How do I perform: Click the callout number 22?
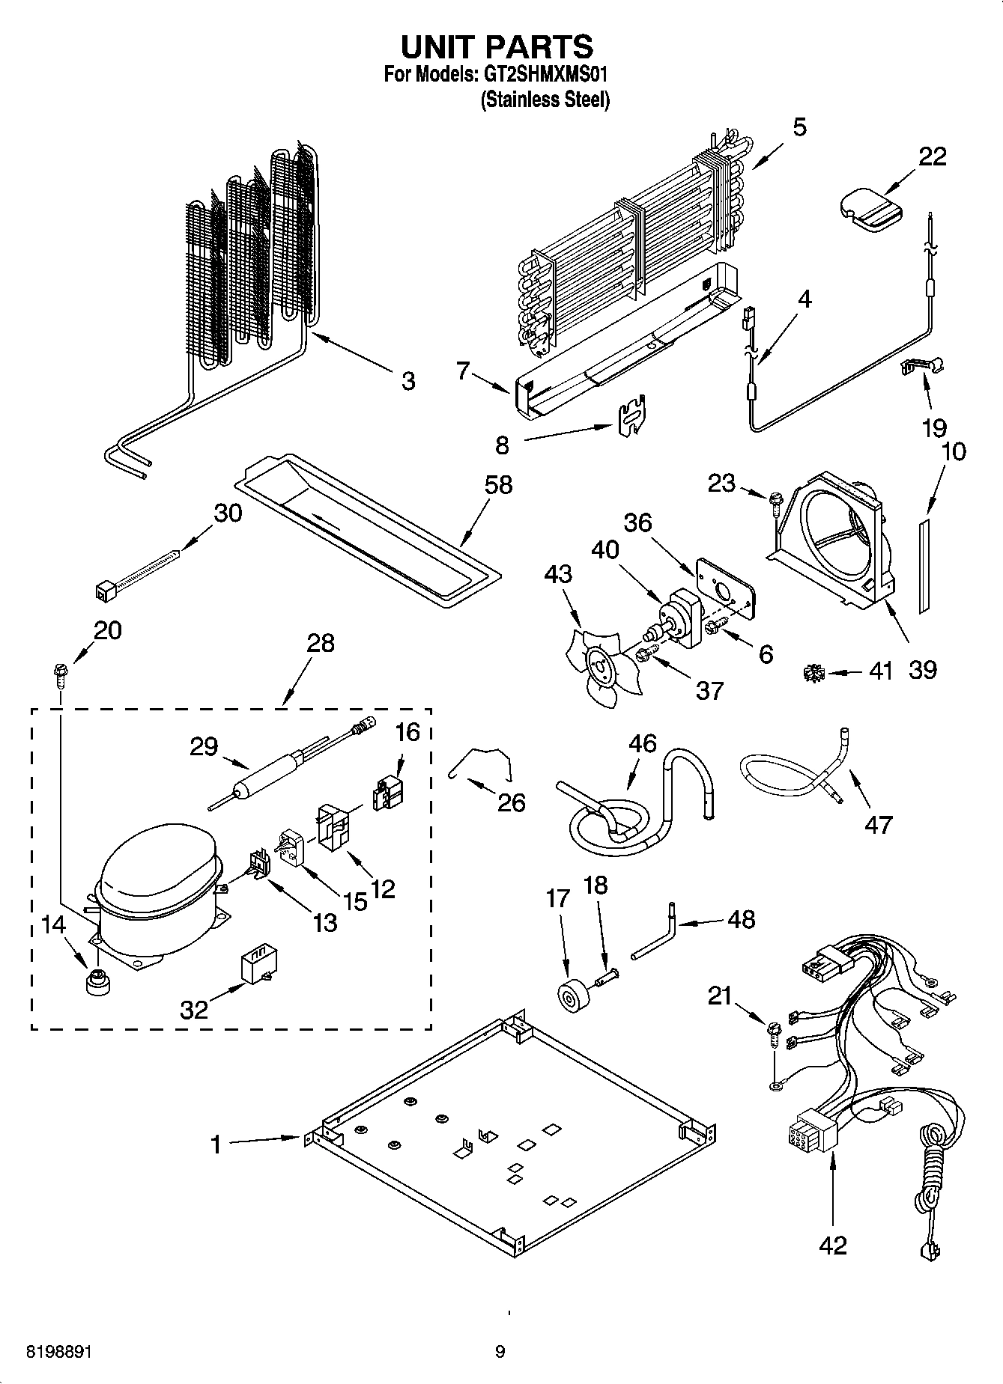(x=932, y=156)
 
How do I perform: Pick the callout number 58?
(x=498, y=485)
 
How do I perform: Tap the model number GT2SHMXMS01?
(x=544, y=74)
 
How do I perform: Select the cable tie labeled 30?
(x=139, y=574)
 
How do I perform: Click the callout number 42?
(x=832, y=1245)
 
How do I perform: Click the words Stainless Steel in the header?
(x=545, y=99)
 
